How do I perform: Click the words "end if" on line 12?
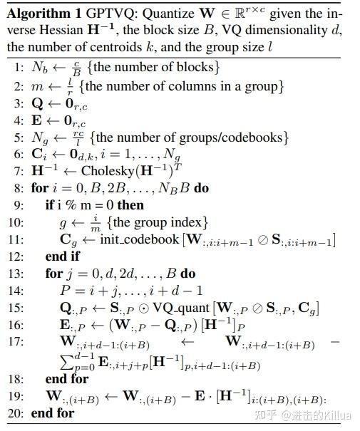tap(65, 256)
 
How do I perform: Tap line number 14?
tap(18, 291)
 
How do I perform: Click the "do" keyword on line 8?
tap(202, 188)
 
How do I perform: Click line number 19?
tap(18, 396)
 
